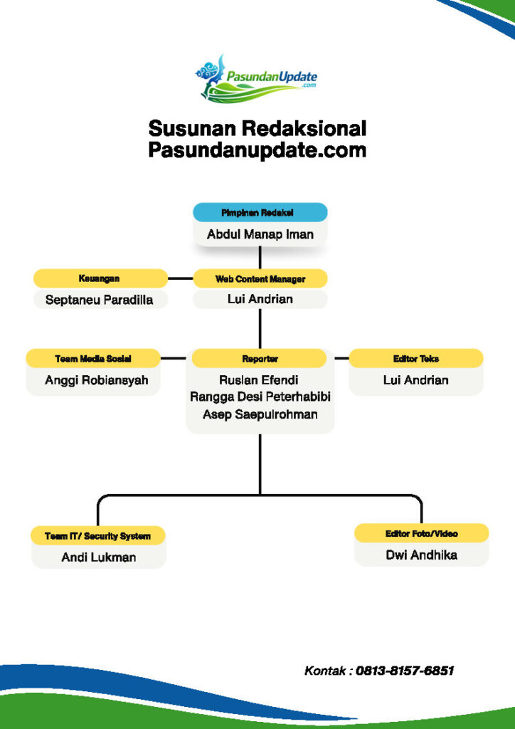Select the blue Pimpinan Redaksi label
coord(260,213)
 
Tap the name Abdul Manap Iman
coord(260,234)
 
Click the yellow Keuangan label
coord(100,278)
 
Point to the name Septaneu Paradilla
coord(100,300)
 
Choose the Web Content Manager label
coord(260,279)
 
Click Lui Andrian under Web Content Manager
coord(260,299)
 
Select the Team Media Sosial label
coord(93,359)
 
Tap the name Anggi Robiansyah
coord(96,380)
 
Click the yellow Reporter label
coord(260,359)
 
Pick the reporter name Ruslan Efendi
coord(260,380)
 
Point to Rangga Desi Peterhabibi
coord(260,397)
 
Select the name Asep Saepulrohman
coord(260,414)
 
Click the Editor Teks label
coord(415,359)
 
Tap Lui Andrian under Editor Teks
coord(415,380)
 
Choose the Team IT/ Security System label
coord(98,536)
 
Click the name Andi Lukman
coord(98,557)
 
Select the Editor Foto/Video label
coord(421,533)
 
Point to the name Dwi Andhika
coord(421,555)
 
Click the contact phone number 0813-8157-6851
coord(405,671)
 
